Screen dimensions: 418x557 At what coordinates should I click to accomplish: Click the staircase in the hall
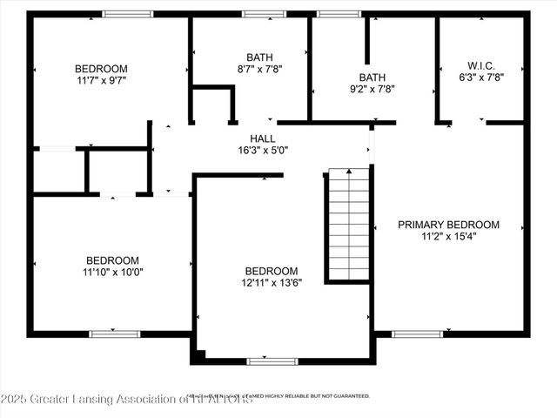349,225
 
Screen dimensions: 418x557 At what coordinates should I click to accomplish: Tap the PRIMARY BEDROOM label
448,224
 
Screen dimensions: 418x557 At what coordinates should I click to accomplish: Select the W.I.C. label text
480,64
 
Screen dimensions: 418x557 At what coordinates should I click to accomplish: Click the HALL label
264,138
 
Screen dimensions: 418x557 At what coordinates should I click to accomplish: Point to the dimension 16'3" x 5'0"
264,150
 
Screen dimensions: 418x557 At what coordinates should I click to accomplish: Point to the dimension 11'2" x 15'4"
448,235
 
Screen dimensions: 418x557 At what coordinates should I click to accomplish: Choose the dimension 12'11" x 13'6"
271,282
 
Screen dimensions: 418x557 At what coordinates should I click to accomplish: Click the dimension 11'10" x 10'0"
112,272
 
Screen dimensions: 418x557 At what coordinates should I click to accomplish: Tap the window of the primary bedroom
417,334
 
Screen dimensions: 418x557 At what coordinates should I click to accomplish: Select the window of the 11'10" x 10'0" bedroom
115,334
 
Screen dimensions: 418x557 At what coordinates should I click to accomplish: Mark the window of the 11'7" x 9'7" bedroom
128,14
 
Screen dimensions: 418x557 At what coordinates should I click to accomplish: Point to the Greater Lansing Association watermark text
126,400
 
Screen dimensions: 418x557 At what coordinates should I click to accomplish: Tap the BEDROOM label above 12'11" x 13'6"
271,271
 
